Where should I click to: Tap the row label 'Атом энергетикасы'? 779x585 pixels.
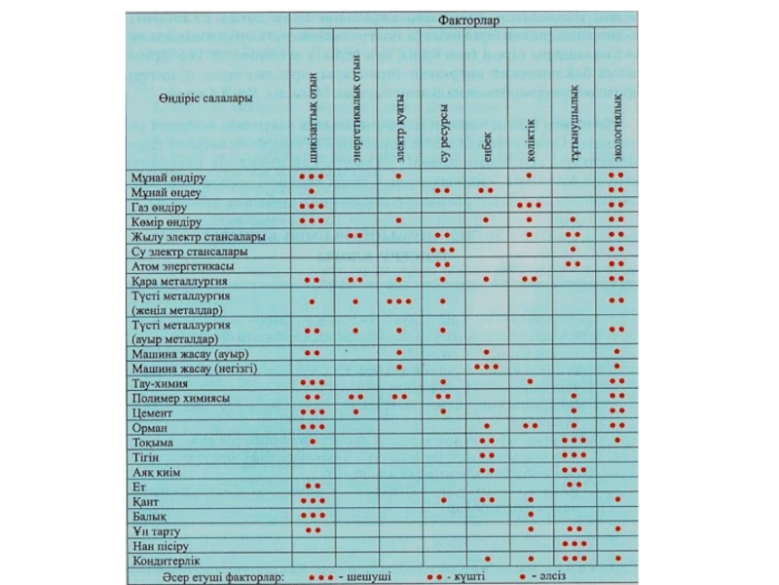tap(182, 265)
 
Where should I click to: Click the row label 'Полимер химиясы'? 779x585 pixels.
tap(179, 398)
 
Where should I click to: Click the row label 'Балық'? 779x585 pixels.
tap(150, 515)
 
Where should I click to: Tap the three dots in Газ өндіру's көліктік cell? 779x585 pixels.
tap(529, 207)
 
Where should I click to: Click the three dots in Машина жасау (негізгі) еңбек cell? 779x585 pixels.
tap(486, 367)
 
